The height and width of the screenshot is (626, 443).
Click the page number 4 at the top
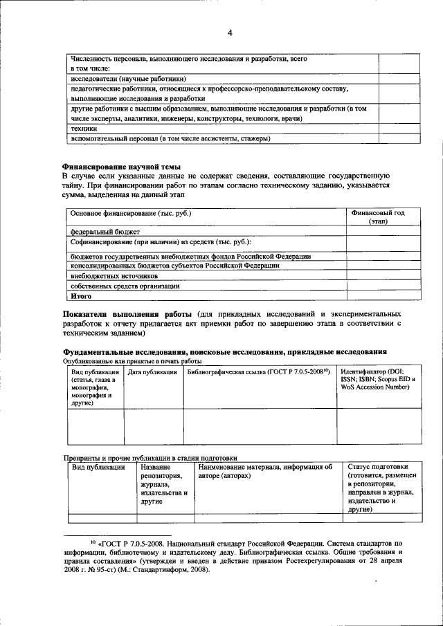[229, 33]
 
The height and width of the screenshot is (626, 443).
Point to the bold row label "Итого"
[81, 295]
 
